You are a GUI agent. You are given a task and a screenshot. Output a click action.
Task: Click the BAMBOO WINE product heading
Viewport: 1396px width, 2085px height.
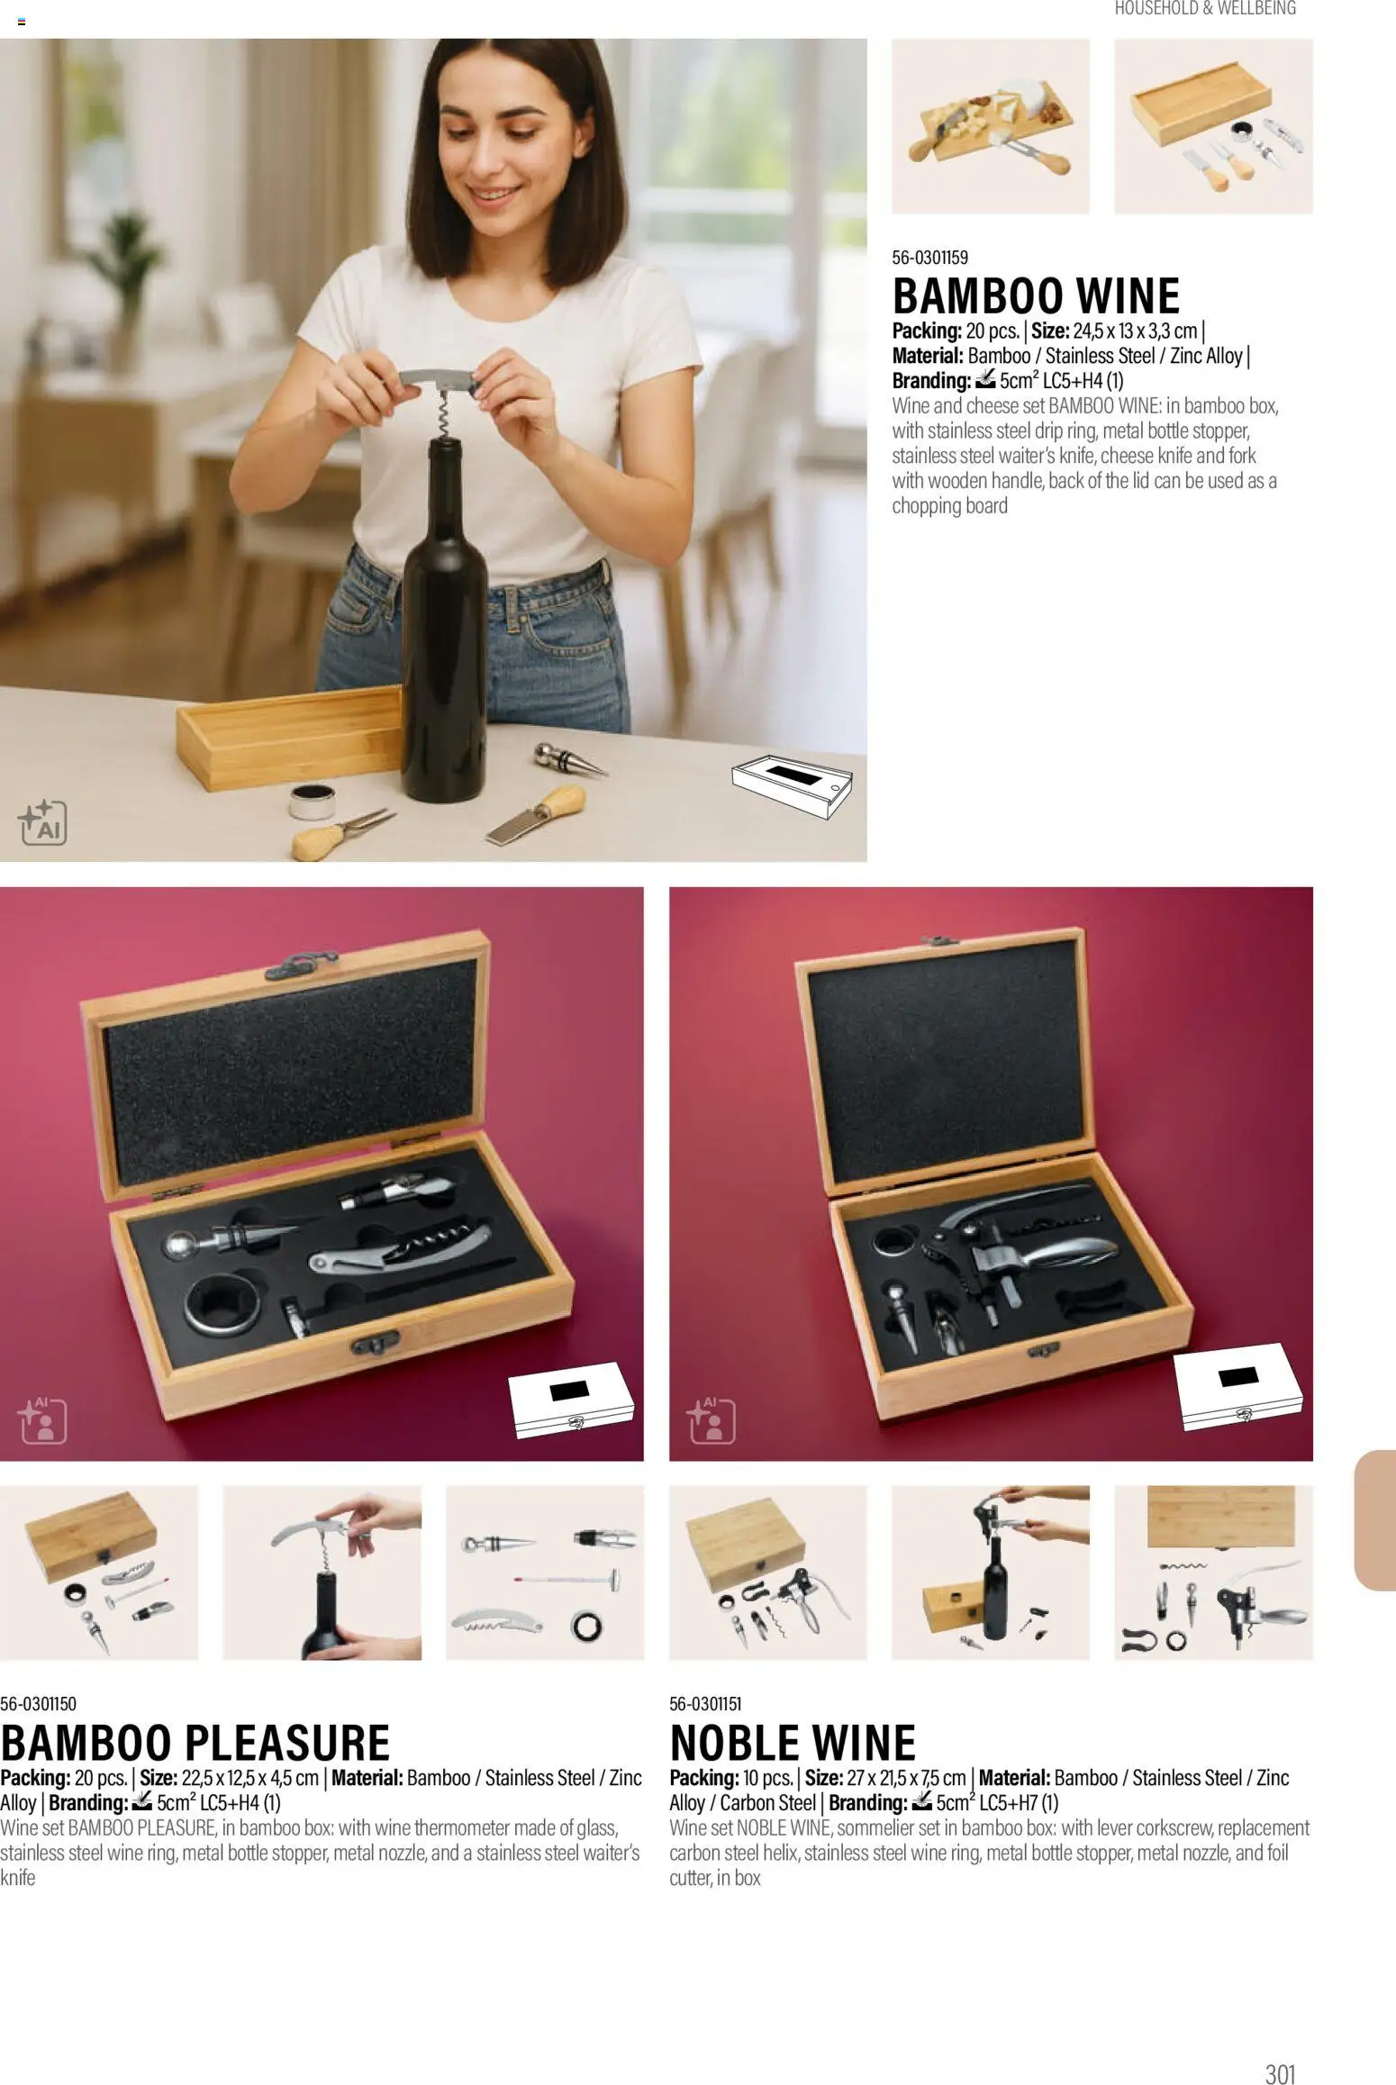(x=1036, y=295)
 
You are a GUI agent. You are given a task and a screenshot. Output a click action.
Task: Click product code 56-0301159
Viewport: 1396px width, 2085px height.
(x=929, y=258)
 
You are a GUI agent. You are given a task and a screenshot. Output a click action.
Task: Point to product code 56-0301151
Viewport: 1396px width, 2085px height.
(x=706, y=1703)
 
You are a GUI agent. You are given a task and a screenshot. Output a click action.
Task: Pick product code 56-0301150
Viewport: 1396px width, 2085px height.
(x=39, y=1703)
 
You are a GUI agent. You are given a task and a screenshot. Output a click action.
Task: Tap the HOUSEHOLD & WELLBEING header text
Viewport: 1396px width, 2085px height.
(x=1205, y=9)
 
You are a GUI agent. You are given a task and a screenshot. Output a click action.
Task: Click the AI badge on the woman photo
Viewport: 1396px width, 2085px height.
(x=42, y=821)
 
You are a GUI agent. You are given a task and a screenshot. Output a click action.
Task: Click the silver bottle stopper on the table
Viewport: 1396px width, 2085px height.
(x=566, y=759)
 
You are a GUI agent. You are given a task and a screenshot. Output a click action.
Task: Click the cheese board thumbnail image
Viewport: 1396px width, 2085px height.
(x=990, y=126)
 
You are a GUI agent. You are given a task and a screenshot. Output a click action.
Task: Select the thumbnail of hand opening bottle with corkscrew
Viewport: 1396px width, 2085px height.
(x=322, y=1572)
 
